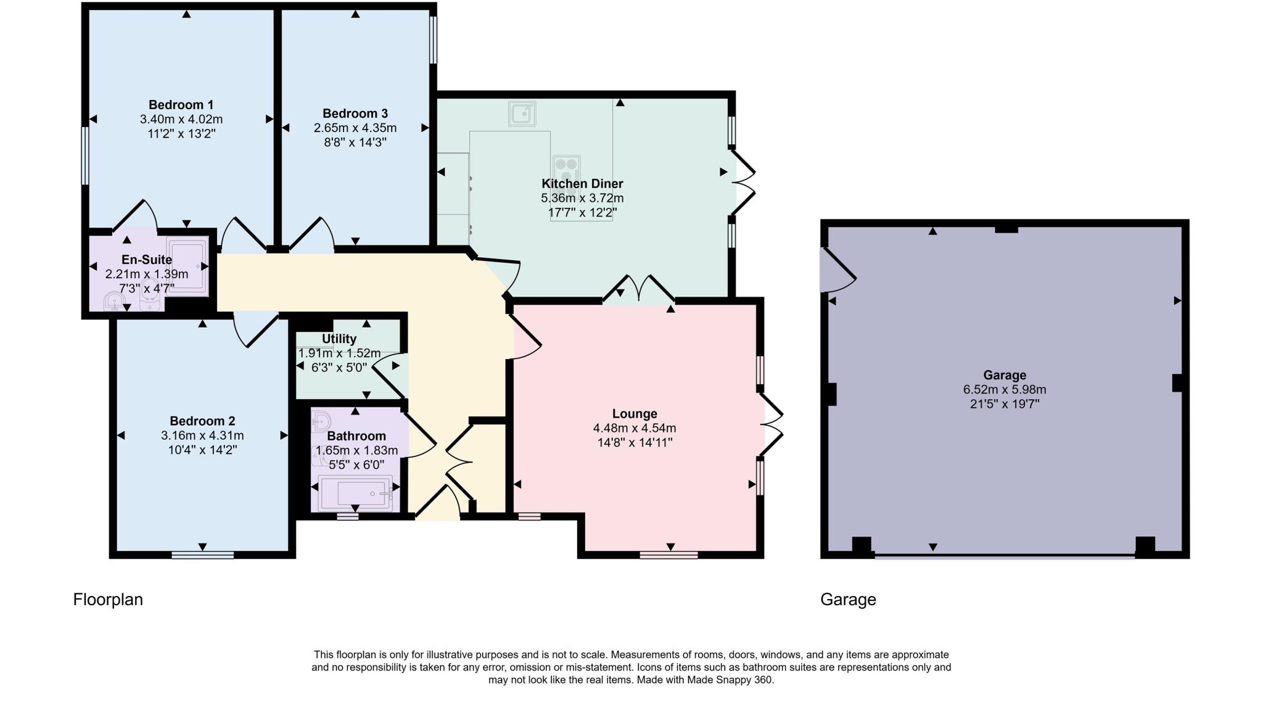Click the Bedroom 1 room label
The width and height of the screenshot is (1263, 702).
[x=181, y=105]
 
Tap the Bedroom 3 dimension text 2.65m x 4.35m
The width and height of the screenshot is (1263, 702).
[x=355, y=128]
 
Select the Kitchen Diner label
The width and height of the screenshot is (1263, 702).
[x=582, y=184]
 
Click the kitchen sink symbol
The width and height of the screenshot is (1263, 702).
[x=522, y=114]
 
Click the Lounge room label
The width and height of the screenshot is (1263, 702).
[x=635, y=414]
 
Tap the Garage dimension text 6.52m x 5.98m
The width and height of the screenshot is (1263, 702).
[x=1004, y=390]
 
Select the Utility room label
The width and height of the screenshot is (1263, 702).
[x=339, y=339]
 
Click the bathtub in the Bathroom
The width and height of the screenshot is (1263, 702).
[x=355, y=493]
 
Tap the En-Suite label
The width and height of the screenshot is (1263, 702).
[x=147, y=260]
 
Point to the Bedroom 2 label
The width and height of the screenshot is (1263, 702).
[x=202, y=421]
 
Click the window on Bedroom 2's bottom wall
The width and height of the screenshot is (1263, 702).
[x=202, y=555]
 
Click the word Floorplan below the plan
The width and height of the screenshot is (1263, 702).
[x=108, y=600]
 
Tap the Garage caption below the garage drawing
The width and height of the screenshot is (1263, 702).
[x=847, y=600]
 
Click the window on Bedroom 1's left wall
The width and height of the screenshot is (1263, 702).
[x=85, y=155]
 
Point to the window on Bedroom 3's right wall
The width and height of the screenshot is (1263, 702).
[x=433, y=39]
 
